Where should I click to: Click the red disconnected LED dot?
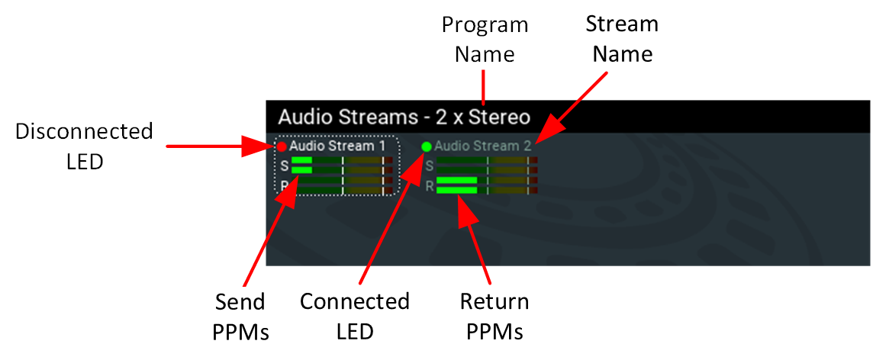(x=282, y=146)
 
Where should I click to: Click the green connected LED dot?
(x=427, y=146)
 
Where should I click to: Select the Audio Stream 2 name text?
(x=482, y=145)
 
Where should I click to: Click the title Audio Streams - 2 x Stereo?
(x=404, y=117)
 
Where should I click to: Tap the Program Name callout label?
(x=485, y=39)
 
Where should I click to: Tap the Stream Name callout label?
(x=622, y=39)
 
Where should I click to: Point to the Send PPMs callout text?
(x=240, y=317)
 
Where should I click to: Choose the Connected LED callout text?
(x=355, y=317)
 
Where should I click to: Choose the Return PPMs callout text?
(x=494, y=317)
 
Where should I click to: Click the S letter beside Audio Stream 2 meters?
(x=429, y=165)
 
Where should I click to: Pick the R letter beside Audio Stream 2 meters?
(x=430, y=185)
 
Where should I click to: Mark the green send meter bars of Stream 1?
(x=301, y=165)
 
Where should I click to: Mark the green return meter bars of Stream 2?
(x=456, y=185)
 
